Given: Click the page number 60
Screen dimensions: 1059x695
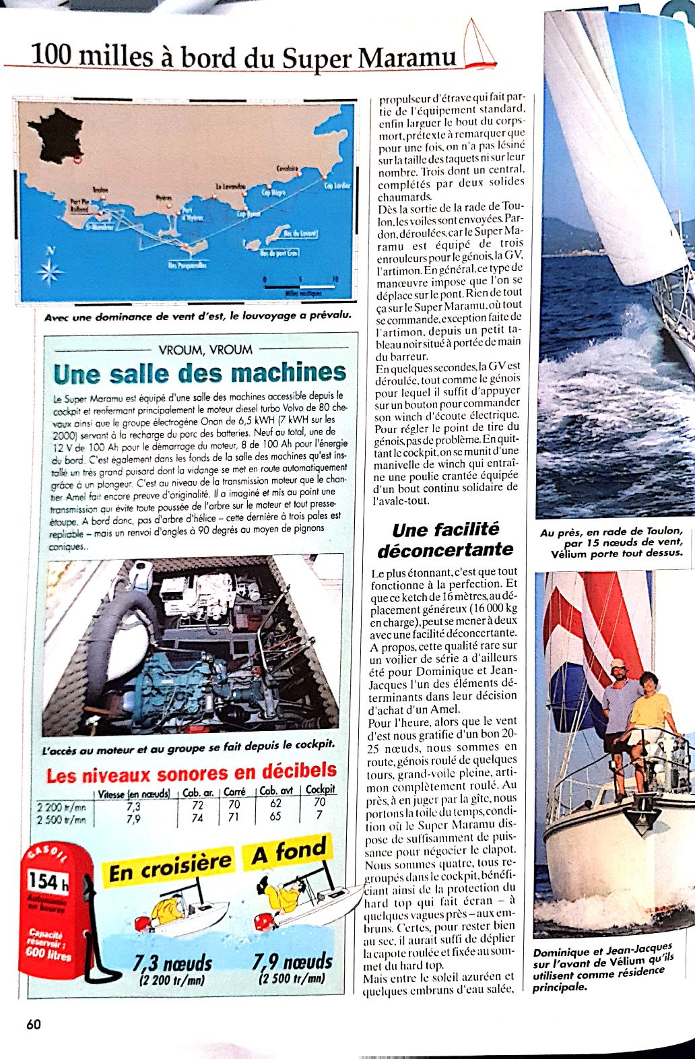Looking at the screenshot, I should tap(34, 1025).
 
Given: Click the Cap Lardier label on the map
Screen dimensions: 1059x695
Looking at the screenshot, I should tap(337, 186).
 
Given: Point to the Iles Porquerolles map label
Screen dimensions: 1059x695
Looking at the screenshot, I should tap(187, 265).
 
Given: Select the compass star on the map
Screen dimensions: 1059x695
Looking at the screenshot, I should tap(49, 272).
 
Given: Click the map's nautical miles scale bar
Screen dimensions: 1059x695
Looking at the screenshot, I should tap(300, 287).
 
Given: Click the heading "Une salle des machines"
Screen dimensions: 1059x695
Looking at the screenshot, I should tap(199, 373).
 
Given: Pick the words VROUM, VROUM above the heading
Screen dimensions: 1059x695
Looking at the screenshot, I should tap(205, 350).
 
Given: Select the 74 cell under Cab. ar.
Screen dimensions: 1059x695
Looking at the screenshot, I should tap(197, 818).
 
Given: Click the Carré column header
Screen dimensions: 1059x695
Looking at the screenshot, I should tap(234, 792).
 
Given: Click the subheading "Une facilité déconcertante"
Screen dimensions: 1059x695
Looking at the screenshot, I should tap(445, 540).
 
